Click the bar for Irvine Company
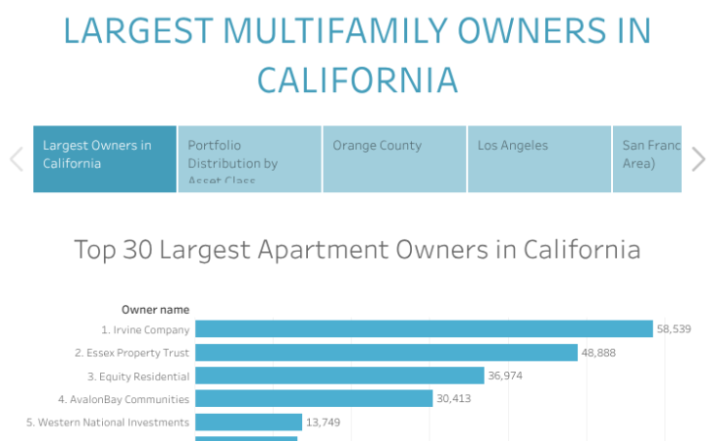424,329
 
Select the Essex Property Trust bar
387,353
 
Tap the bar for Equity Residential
339,376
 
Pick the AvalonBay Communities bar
314,398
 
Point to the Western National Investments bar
249,422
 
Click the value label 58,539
674,329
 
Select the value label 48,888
599,353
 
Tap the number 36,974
505,376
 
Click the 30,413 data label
454,398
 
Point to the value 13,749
323,422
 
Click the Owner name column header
155,310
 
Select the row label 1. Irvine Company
145,330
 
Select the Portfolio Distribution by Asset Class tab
250,158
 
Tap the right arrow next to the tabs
698,158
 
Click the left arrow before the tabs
16,158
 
